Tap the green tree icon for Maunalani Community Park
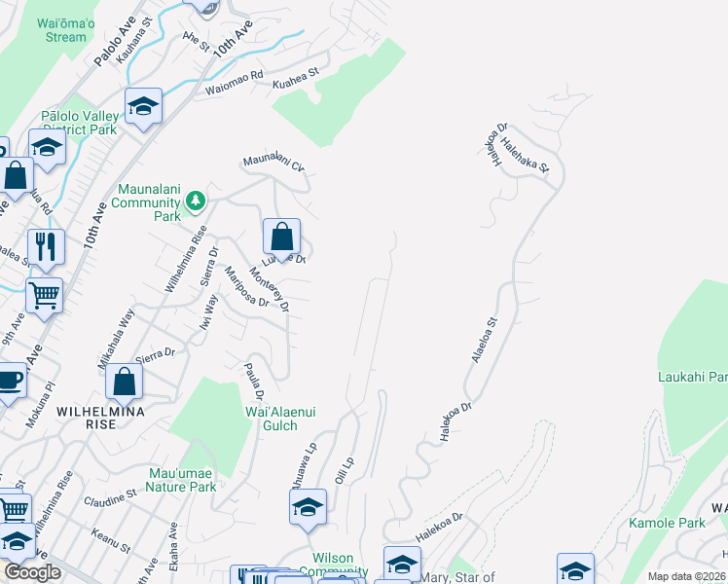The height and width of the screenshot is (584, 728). (197, 200)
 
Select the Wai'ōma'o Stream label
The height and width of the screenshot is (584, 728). (66, 30)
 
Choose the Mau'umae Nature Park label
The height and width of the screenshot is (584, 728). (182, 480)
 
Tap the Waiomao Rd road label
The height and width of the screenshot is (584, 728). (235, 83)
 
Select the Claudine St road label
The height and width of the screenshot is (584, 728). (110, 498)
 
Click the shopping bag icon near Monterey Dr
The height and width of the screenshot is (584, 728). (281, 236)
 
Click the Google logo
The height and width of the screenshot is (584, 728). (33, 572)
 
